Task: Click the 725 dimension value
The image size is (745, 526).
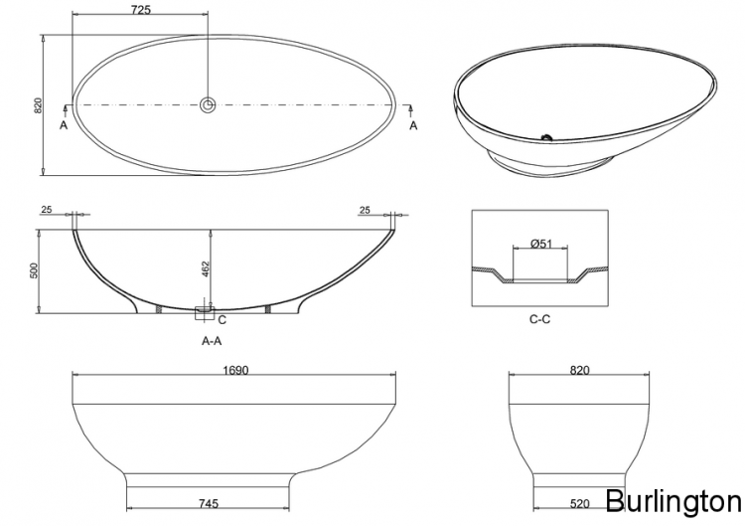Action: [x=140, y=10]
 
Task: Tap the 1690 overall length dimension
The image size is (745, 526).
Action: [x=236, y=370]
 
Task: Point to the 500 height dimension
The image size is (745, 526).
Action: [x=33, y=270]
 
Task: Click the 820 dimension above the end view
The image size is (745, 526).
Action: [x=580, y=370]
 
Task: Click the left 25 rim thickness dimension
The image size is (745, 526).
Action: [x=47, y=210]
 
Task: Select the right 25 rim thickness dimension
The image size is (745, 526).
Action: [x=365, y=210]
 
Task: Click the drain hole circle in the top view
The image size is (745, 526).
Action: [x=208, y=104]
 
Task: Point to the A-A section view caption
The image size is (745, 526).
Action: [x=211, y=340]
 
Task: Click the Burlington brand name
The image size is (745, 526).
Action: [x=671, y=499]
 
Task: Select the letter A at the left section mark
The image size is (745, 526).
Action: [x=64, y=125]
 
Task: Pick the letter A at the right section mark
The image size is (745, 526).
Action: [x=413, y=125]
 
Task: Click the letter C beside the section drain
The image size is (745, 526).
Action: [x=222, y=319]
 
